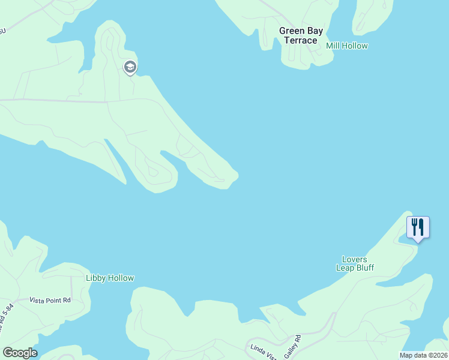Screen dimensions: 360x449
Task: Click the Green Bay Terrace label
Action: tap(301, 35)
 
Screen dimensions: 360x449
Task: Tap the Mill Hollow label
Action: tap(347, 46)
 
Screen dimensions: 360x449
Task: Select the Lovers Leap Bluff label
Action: tap(354, 263)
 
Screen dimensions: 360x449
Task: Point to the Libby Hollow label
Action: tap(110, 278)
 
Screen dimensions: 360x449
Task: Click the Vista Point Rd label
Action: tap(50, 299)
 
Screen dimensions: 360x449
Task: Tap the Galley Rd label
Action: tap(292, 346)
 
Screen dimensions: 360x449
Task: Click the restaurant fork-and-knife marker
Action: tap(418, 227)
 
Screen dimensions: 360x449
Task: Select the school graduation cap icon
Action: tap(130, 67)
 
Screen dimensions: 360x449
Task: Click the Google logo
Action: tap(20, 352)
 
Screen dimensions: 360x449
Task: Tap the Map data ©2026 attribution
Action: tap(423, 355)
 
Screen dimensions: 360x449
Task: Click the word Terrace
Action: tap(301, 40)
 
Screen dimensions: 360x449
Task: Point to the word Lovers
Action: tap(354, 260)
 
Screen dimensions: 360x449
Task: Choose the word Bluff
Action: tap(363, 268)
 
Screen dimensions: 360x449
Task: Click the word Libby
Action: tap(96, 278)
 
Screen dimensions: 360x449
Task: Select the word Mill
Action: tap(333, 46)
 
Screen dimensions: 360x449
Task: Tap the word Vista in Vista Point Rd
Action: tap(39, 299)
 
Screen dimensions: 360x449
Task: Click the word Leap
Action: tap(345, 268)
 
